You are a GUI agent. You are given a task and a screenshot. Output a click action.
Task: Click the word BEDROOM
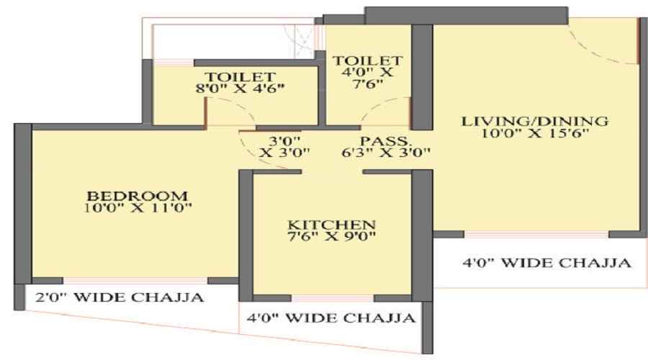coord(138,196)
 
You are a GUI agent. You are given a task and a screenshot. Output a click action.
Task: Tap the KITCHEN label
coord(331,225)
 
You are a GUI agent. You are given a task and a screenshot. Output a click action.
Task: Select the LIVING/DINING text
coord(535,121)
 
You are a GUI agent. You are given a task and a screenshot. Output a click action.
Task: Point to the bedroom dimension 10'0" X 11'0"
coord(138,207)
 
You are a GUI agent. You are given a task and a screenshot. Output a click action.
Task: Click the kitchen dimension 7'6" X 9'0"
coord(331,236)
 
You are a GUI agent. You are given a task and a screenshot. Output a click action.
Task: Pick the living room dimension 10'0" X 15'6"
coord(535,133)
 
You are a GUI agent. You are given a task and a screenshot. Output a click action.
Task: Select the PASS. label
coord(386,141)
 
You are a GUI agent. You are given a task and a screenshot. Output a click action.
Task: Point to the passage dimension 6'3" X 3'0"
coord(386,153)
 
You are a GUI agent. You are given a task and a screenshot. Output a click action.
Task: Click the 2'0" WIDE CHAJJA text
coord(120,297)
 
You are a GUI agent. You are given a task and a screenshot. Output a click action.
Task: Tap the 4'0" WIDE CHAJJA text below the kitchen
coord(331,318)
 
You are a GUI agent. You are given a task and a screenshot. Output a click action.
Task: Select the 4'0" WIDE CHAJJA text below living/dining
coord(546,263)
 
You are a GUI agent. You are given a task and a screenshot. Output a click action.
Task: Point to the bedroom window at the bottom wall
coord(135,281)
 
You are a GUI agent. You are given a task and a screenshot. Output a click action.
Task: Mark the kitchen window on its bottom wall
coord(333,298)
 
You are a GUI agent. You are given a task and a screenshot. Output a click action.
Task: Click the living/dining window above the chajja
coord(536,234)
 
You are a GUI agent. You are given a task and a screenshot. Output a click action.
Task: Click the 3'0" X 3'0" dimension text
coord(284,147)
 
